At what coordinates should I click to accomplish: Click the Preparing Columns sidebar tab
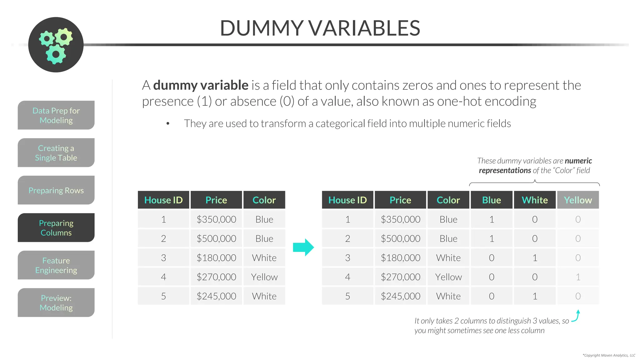tap(56, 227)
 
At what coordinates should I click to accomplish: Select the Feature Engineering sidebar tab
tap(56, 265)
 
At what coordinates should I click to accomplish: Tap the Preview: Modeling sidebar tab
tap(56, 302)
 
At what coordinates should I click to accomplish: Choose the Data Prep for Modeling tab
tap(56, 115)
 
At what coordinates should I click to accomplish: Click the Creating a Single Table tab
tap(56, 152)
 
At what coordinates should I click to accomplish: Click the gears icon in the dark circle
tap(56, 45)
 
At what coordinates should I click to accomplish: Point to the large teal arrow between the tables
tap(303, 247)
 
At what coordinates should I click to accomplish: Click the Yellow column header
tap(578, 200)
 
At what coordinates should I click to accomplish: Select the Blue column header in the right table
tap(491, 200)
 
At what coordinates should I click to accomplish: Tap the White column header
tap(535, 200)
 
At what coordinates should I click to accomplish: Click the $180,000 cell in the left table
tap(216, 258)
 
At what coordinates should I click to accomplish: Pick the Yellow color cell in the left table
tap(264, 277)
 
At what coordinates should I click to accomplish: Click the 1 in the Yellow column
tap(578, 277)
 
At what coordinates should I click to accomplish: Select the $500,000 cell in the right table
tap(400, 239)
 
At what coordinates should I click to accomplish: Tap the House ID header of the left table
tap(163, 200)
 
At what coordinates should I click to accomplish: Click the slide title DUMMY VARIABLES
tap(320, 28)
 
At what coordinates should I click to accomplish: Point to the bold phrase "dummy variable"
tap(201, 85)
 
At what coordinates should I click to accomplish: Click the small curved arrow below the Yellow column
tap(577, 316)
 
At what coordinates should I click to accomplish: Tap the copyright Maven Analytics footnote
tap(609, 355)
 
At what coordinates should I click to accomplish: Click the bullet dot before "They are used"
tap(168, 124)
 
